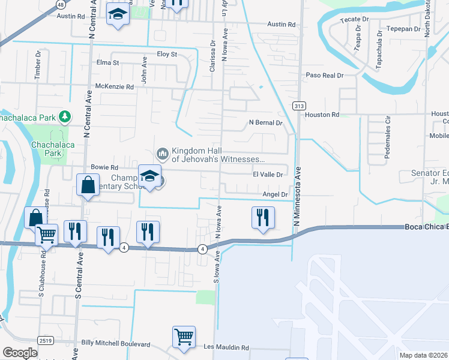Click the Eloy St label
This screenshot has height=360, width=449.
point(166,54)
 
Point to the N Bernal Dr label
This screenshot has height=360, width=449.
point(265,122)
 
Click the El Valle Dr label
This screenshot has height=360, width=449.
point(267,174)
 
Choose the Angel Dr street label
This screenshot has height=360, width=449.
point(276,194)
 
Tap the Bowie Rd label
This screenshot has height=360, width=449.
point(104,167)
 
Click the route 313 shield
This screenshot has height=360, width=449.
point(299,106)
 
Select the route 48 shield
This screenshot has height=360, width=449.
point(61,4)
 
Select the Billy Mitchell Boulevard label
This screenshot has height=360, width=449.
point(115,343)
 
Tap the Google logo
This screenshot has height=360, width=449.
point(19,353)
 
